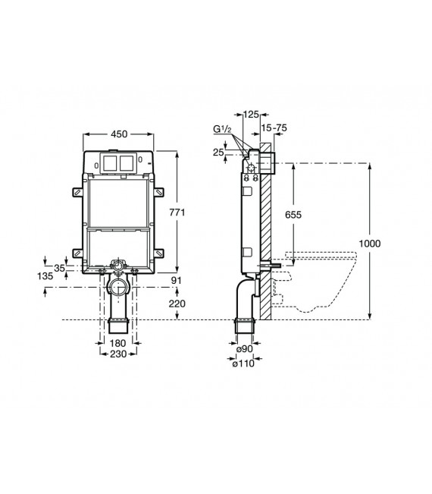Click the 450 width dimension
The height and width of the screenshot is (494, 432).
coord(117,134)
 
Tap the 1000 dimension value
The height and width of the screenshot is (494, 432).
coord(391,243)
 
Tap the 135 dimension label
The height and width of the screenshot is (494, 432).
coord(45,277)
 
